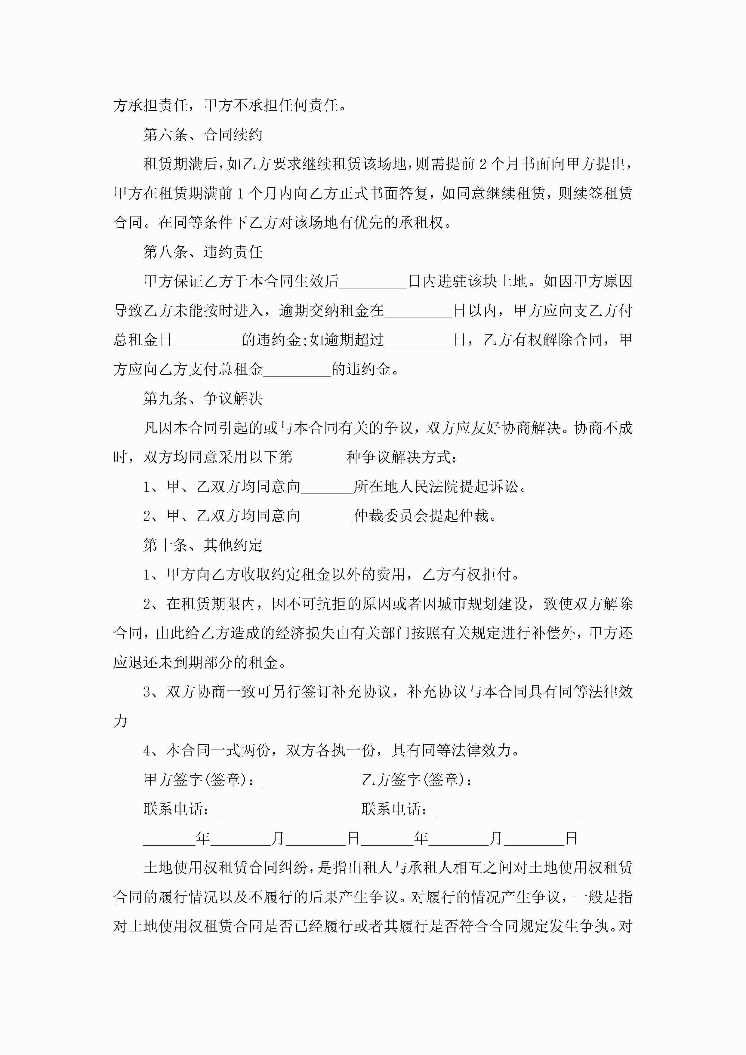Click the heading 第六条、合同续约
pos(203,135)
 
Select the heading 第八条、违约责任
pos(203,252)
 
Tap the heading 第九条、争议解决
pos(203,398)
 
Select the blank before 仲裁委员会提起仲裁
pos(327,516)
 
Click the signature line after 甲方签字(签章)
pos(312,780)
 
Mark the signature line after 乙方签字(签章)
pos(530,780)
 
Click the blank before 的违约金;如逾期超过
pos(207,340)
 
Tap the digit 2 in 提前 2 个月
pos(482,164)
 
